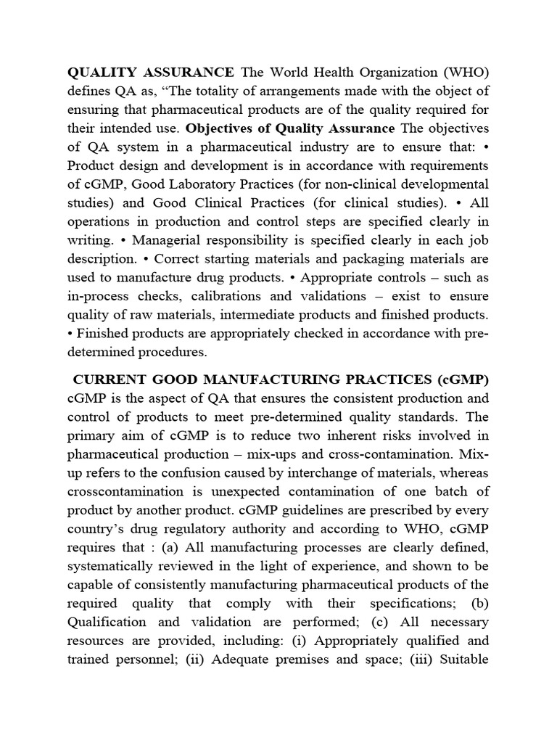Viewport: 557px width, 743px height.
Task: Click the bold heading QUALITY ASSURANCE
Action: coord(151,72)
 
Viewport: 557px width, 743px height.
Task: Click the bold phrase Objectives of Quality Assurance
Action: coord(280,128)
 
